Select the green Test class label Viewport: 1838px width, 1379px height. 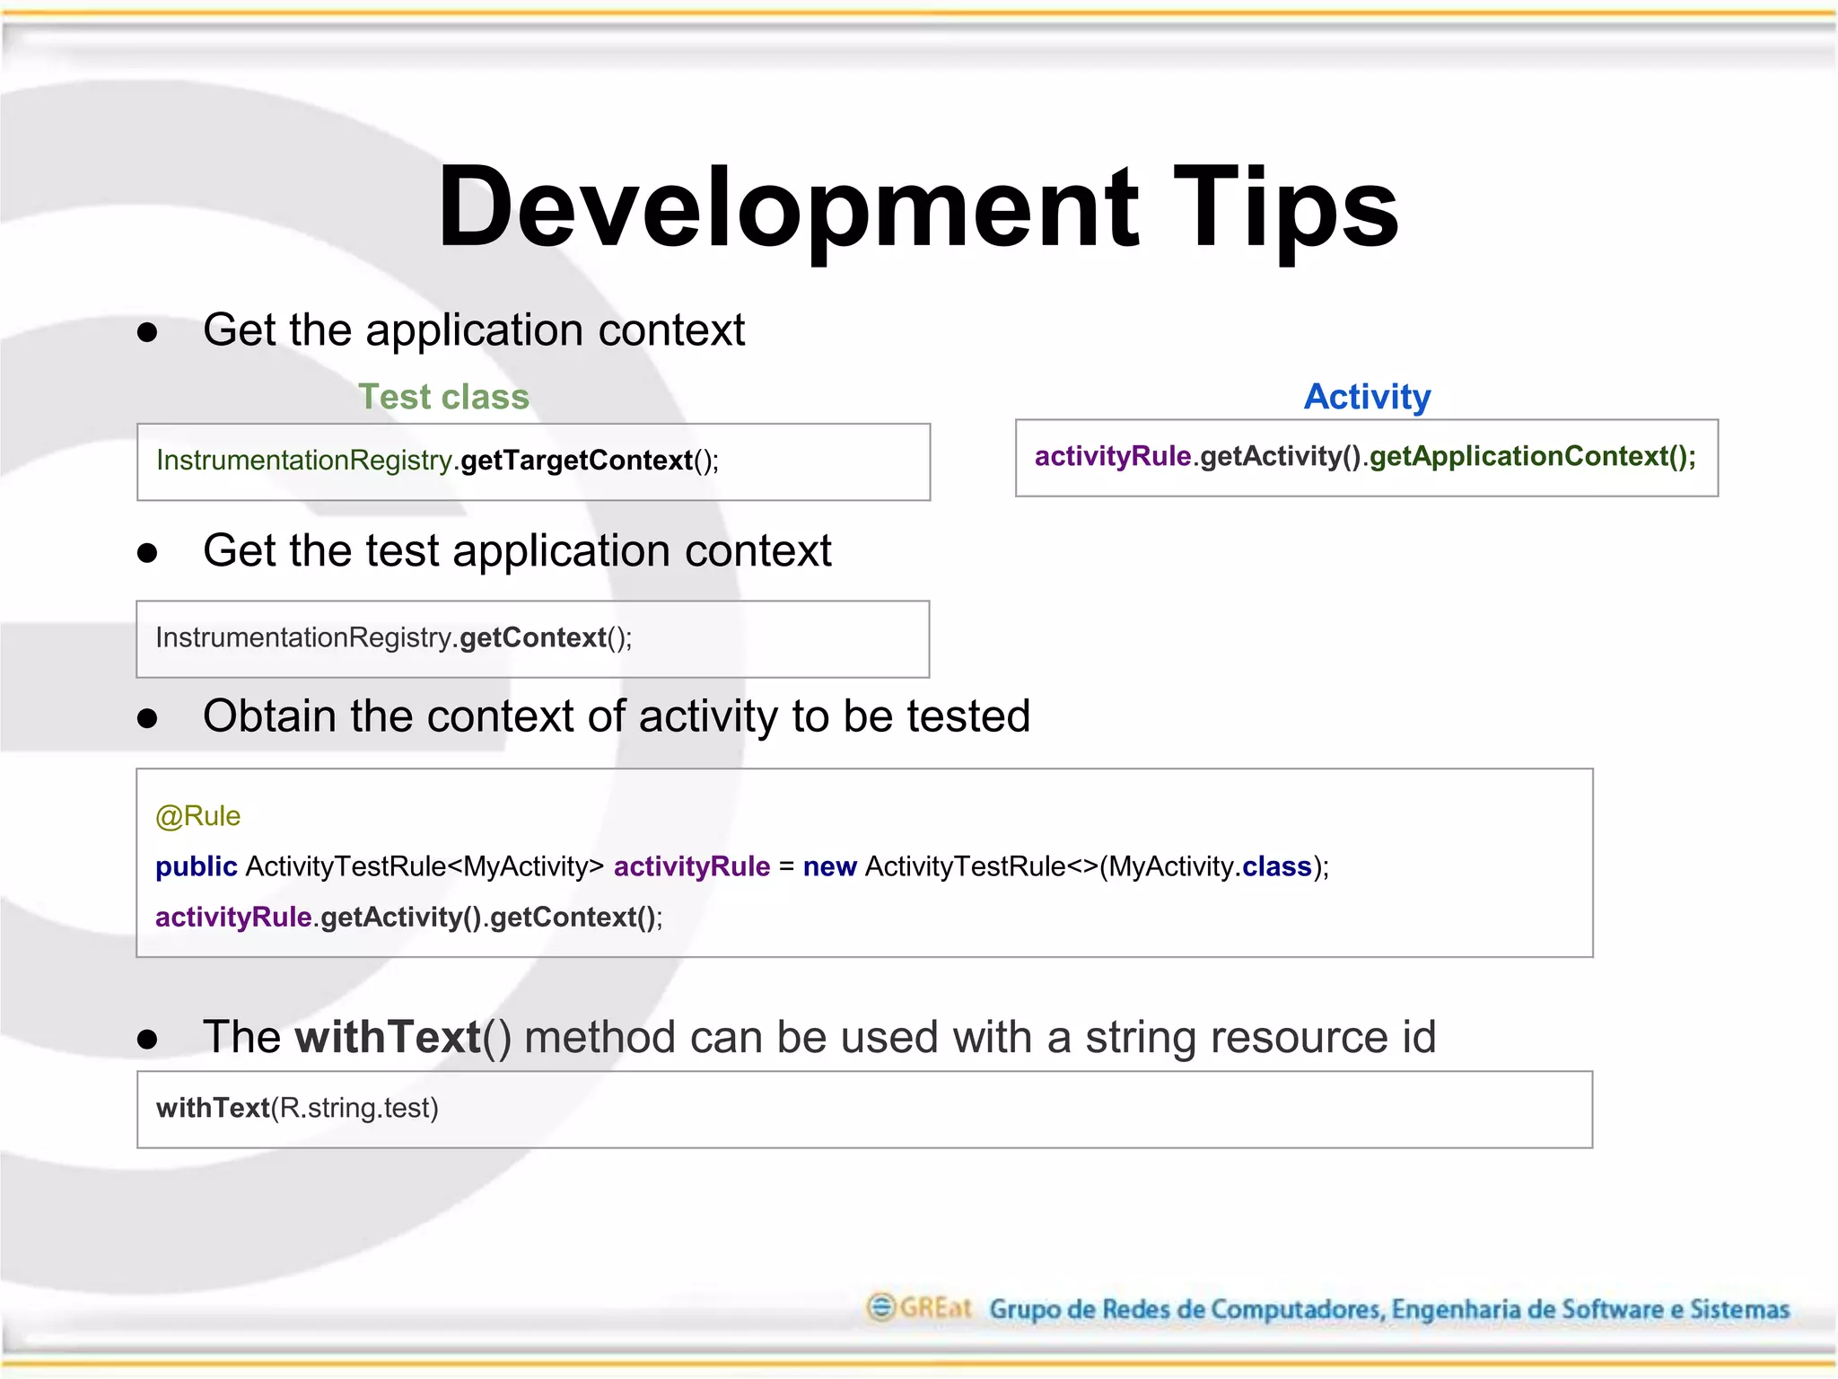[x=443, y=397]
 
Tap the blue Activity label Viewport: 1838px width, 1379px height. [x=1367, y=397]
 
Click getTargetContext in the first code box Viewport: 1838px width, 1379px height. [x=576, y=461]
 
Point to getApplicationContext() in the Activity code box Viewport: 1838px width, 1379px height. [x=1531, y=456]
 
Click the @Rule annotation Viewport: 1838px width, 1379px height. [x=197, y=816]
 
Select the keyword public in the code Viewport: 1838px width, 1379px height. [x=196, y=866]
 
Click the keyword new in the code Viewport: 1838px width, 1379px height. [x=829, y=866]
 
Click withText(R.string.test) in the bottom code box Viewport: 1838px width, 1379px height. [x=297, y=1108]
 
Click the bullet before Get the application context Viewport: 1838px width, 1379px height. [x=147, y=333]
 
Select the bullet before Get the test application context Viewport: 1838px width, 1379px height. [x=147, y=553]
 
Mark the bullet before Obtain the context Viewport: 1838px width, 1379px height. [x=147, y=719]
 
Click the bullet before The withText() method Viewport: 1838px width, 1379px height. [x=147, y=1040]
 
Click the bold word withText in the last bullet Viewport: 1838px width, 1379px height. [x=388, y=1038]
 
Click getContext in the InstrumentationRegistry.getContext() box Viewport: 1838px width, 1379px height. [x=532, y=637]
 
